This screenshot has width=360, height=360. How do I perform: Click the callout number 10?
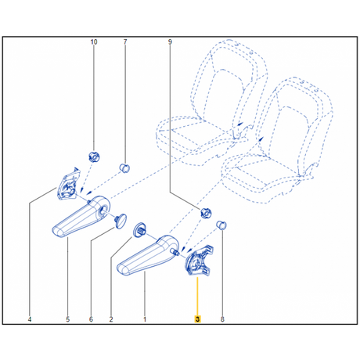[x=94, y=41]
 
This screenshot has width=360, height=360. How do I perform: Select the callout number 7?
[x=125, y=41]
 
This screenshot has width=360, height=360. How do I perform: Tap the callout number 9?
[x=170, y=41]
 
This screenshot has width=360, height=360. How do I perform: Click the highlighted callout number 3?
[x=197, y=319]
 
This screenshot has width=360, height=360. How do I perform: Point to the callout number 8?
[x=222, y=319]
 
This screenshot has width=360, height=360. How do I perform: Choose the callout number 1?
[x=145, y=319]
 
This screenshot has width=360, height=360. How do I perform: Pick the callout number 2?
[x=111, y=319]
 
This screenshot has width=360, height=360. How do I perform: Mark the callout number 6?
[x=91, y=319]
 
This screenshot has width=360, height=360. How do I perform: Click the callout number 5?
[x=68, y=319]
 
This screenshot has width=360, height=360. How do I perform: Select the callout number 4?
[x=30, y=319]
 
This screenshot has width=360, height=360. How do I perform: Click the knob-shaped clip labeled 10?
[x=94, y=157]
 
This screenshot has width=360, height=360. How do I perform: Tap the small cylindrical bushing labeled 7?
[x=124, y=168]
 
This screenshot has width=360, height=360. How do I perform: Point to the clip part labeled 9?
[x=206, y=213]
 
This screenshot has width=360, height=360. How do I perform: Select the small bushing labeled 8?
[x=221, y=225]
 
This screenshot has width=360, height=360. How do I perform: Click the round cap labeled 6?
[x=121, y=221]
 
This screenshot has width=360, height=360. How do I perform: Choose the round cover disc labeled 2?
[x=139, y=230]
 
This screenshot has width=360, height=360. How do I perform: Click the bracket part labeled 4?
[x=68, y=185]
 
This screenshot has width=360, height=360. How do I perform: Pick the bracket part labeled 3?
[x=199, y=261]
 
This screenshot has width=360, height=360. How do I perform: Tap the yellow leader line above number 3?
[x=197, y=297]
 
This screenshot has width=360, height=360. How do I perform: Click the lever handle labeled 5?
[x=81, y=217]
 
